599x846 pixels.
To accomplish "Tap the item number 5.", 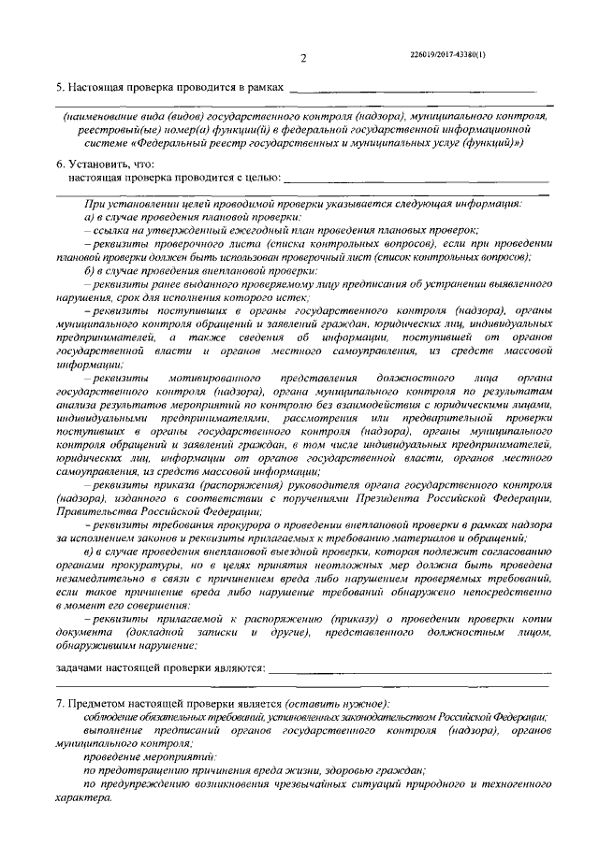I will [x=59, y=87].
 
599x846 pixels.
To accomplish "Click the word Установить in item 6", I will [x=96, y=162].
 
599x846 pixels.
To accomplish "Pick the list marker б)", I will [x=88, y=268].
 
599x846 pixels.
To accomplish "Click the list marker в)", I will [x=88, y=550].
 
